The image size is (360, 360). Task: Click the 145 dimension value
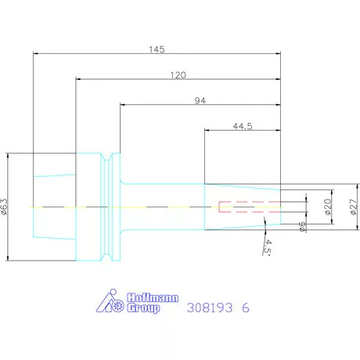click(x=157, y=49)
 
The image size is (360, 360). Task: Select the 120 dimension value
click(x=178, y=75)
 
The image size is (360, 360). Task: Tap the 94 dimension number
click(x=200, y=100)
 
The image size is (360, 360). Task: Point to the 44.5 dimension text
click(x=243, y=126)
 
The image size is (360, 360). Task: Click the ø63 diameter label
click(x=5, y=207)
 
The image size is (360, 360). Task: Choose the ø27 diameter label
click(x=353, y=207)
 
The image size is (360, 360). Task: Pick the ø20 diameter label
click(x=328, y=207)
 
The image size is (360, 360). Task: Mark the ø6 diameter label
click(x=302, y=226)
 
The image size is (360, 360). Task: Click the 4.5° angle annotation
click(x=267, y=247)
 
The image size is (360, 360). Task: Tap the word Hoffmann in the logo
click(x=153, y=297)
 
